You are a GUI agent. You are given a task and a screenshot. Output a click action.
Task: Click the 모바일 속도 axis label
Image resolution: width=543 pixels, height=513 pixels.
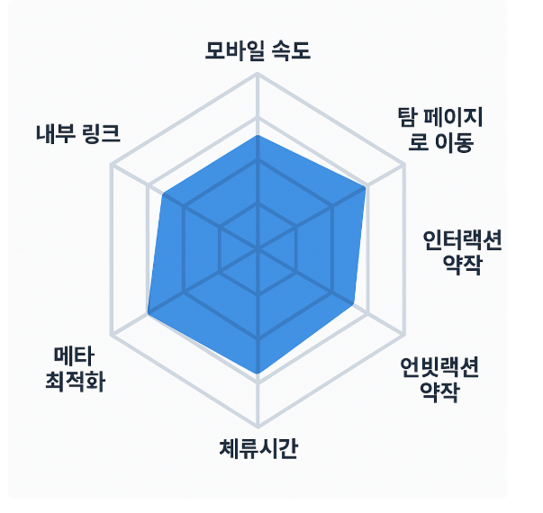point(258,51)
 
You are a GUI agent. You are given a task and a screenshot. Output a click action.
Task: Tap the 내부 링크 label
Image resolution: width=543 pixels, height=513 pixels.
point(77,132)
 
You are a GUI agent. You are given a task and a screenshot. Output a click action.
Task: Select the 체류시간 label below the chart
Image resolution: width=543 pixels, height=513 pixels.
point(258,447)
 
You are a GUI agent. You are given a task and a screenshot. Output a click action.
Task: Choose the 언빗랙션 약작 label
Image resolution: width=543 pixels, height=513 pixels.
point(439,379)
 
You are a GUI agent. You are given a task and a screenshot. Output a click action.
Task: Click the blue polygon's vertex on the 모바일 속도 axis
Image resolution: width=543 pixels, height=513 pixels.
point(258,136)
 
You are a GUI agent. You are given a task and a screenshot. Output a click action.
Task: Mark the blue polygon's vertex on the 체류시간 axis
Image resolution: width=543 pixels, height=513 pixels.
point(258,373)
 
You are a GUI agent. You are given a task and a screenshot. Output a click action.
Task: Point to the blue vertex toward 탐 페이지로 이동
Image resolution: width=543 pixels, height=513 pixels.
point(366,187)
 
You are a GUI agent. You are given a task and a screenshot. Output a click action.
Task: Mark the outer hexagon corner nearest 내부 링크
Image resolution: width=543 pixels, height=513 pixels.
point(111,165)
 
